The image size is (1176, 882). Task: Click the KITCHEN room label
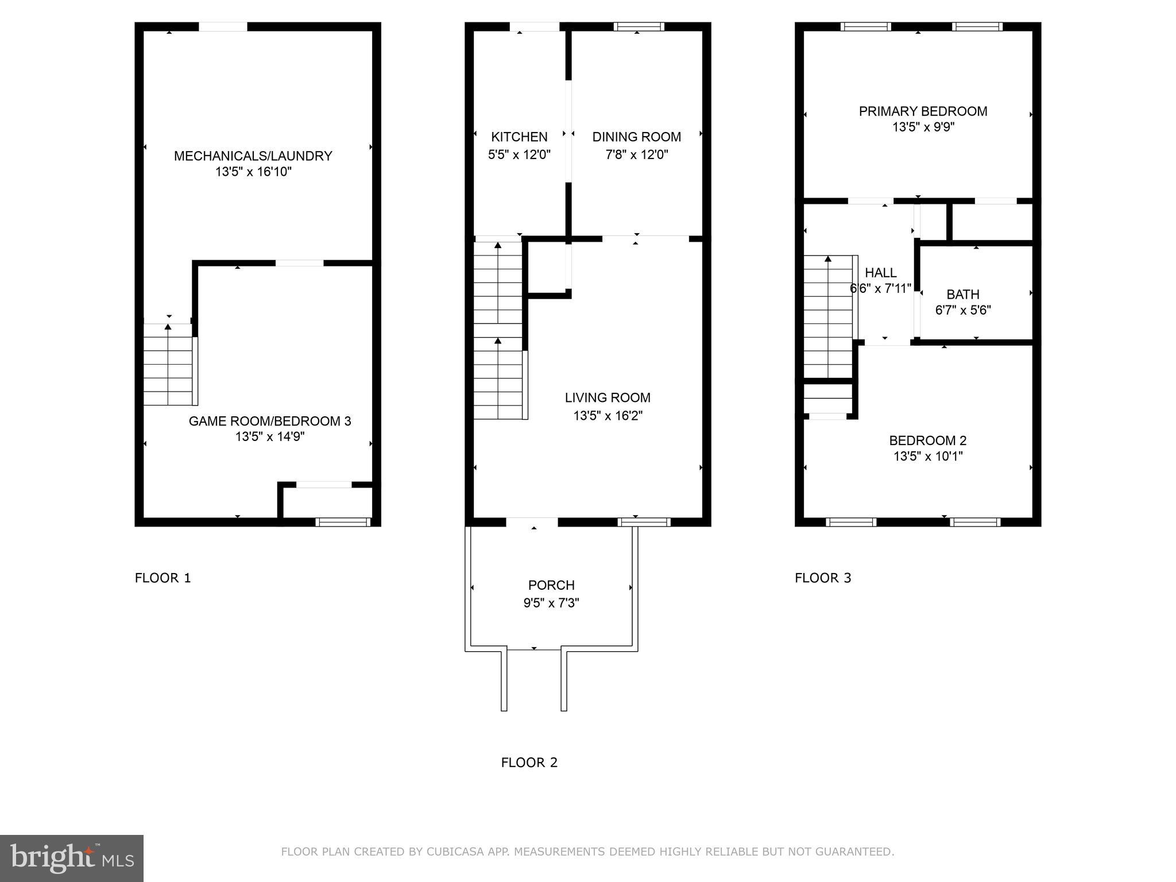point(519,137)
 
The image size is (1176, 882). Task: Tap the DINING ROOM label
point(636,137)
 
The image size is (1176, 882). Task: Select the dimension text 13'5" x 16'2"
point(608,416)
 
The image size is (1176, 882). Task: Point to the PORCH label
point(551,585)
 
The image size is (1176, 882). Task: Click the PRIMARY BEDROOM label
point(923,111)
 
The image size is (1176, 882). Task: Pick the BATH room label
point(963,295)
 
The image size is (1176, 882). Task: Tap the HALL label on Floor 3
point(880,273)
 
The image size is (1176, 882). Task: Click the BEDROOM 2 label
point(927,440)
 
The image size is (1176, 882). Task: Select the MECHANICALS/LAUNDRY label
point(253,156)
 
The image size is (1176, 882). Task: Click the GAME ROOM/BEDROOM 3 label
point(270,421)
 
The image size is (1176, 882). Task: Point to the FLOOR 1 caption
point(163,578)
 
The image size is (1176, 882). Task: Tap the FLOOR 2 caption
point(529,763)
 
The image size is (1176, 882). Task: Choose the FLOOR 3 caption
point(823,578)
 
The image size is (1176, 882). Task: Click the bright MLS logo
point(71,858)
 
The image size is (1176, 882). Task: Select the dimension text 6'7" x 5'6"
point(963,311)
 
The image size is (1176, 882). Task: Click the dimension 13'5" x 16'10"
point(253,172)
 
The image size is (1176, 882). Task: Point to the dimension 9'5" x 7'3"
point(551,603)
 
